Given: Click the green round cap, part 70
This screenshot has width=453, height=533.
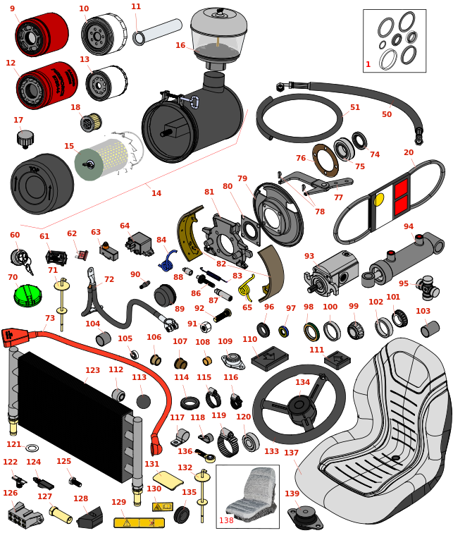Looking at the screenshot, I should point(27,293).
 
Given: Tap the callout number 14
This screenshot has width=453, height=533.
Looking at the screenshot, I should point(156,193).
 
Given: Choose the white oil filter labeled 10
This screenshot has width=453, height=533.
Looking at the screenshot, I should point(99,33).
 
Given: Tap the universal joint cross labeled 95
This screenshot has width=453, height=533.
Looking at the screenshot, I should point(427,286).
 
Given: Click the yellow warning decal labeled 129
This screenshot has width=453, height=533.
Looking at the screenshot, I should point(139,522).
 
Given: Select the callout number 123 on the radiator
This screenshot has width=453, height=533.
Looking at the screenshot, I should point(92,370).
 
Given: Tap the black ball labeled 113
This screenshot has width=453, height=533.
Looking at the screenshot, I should point(143,402).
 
